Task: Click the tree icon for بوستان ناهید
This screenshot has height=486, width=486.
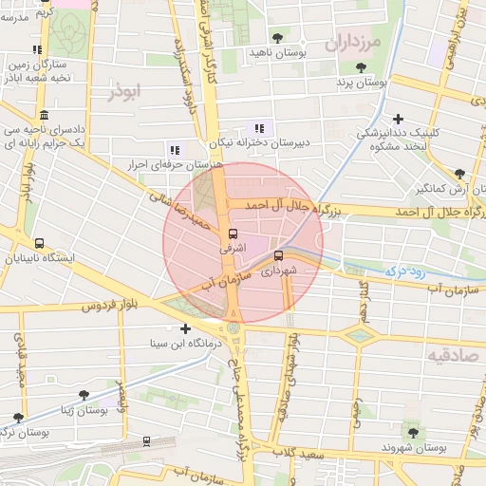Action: point(276,38)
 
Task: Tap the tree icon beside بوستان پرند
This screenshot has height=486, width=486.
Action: point(361,67)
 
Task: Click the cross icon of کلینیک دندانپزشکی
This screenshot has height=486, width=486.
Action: point(398,120)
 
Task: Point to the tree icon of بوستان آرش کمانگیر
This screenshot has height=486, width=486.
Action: point(459,174)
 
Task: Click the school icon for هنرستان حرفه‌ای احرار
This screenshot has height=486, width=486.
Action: point(173,149)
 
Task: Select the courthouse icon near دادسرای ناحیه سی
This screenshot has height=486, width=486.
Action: point(45,114)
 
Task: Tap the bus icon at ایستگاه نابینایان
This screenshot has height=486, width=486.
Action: point(39,243)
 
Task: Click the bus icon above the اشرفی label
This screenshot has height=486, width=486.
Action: point(234,234)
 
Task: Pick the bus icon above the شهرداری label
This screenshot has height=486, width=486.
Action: point(278,255)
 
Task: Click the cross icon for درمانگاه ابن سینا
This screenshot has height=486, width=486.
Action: point(185,328)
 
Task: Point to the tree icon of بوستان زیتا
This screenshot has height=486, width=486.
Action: point(84,394)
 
